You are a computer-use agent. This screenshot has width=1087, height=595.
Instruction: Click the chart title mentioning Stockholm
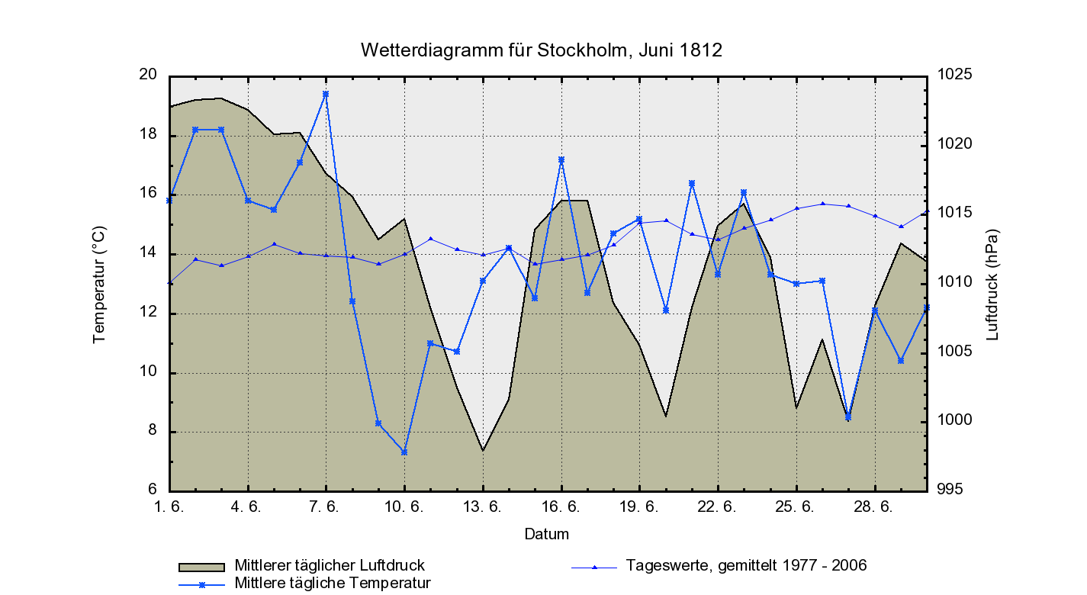click(541, 50)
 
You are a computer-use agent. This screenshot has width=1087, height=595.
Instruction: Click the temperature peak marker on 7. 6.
click(326, 94)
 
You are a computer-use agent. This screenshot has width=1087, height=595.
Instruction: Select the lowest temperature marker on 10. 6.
click(404, 452)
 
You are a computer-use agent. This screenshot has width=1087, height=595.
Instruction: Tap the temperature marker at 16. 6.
click(561, 160)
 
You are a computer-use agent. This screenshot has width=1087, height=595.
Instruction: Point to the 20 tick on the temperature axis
click(148, 75)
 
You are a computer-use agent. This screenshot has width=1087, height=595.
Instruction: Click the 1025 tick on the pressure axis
click(957, 75)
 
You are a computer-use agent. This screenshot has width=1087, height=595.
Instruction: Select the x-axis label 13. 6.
click(482, 507)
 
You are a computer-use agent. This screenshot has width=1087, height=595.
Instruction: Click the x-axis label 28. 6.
click(874, 507)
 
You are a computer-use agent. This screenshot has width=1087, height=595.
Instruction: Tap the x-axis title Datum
click(546, 534)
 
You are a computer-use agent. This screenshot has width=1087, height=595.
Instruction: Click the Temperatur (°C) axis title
click(99, 284)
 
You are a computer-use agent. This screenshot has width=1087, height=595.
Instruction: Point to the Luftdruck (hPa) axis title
click(992, 284)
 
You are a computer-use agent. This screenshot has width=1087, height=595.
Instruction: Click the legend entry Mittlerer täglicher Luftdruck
click(329, 566)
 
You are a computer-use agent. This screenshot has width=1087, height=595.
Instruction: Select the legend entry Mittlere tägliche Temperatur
click(333, 584)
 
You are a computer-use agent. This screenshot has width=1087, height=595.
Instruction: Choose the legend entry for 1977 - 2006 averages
click(745, 566)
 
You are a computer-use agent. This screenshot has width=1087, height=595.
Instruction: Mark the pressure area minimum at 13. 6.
click(483, 450)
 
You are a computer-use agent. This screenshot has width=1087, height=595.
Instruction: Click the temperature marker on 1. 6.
click(169, 201)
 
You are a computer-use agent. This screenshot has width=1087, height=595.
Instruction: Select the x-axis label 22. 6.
click(718, 507)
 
